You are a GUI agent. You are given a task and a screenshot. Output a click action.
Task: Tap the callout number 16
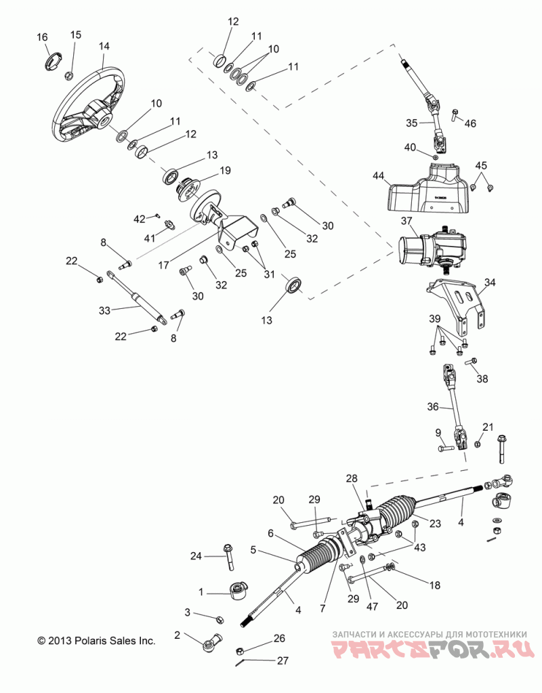pyautogui.click(x=42, y=37)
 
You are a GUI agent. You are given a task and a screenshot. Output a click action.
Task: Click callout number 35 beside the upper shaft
pyautogui.click(x=412, y=123)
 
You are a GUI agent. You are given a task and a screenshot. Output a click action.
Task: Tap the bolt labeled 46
pyautogui.click(x=455, y=115)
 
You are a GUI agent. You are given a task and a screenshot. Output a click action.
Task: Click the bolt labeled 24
pyautogui.click(x=229, y=556)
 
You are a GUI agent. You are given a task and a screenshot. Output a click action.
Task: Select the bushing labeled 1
pyautogui.click(x=238, y=591)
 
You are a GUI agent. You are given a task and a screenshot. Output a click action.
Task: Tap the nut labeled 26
pyautogui.click(x=241, y=650)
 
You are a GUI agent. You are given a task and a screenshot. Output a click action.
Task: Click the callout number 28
pyautogui.click(x=352, y=479)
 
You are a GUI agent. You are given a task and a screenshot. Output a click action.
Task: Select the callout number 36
pyautogui.click(x=433, y=406)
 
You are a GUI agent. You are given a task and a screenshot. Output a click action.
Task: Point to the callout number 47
pyautogui.click(x=372, y=606)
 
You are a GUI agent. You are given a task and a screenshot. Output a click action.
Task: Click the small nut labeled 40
pyautogui.click(x=435, y=157)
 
